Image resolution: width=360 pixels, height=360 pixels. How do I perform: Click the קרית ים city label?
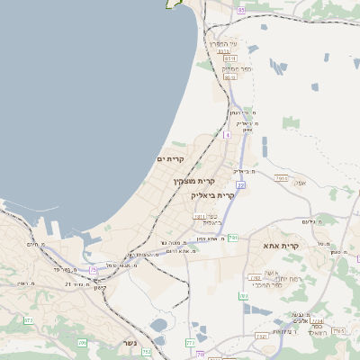point(170,159)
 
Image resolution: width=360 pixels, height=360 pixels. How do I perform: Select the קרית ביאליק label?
point(212,194)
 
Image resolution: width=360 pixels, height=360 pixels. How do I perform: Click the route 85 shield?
point(240,10)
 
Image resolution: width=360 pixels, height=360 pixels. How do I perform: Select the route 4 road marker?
point(227,134)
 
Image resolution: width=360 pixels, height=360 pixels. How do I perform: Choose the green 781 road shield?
point(233,237)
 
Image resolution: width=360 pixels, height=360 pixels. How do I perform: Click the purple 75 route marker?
point(94,270)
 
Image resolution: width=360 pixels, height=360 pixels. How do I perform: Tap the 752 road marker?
point(146,352)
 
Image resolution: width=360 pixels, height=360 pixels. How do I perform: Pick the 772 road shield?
point(190,343)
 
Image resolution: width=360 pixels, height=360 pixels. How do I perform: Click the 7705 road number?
point(337,331)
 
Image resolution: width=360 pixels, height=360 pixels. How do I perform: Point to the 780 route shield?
point(243,295)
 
